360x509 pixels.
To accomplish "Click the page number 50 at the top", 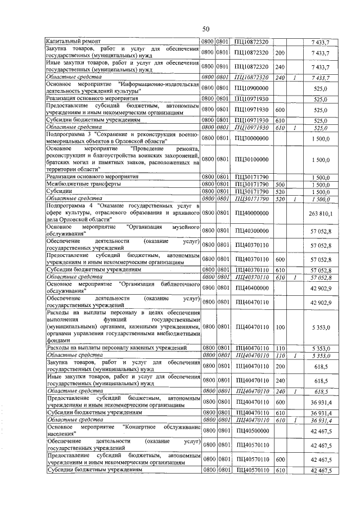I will point(206,29).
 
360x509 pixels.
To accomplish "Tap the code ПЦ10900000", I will point(251,88).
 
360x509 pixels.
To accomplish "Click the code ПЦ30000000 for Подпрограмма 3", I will point(251,138).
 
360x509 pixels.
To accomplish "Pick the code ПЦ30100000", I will point(251,159).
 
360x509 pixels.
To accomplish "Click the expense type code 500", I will point(281,184).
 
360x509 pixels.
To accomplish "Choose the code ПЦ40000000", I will point(251,214).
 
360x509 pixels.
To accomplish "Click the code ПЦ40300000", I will point(251,231).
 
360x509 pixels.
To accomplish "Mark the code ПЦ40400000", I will point(251,288).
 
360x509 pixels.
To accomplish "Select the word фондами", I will point(58,340).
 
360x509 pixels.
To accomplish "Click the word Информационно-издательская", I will point(164,84).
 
